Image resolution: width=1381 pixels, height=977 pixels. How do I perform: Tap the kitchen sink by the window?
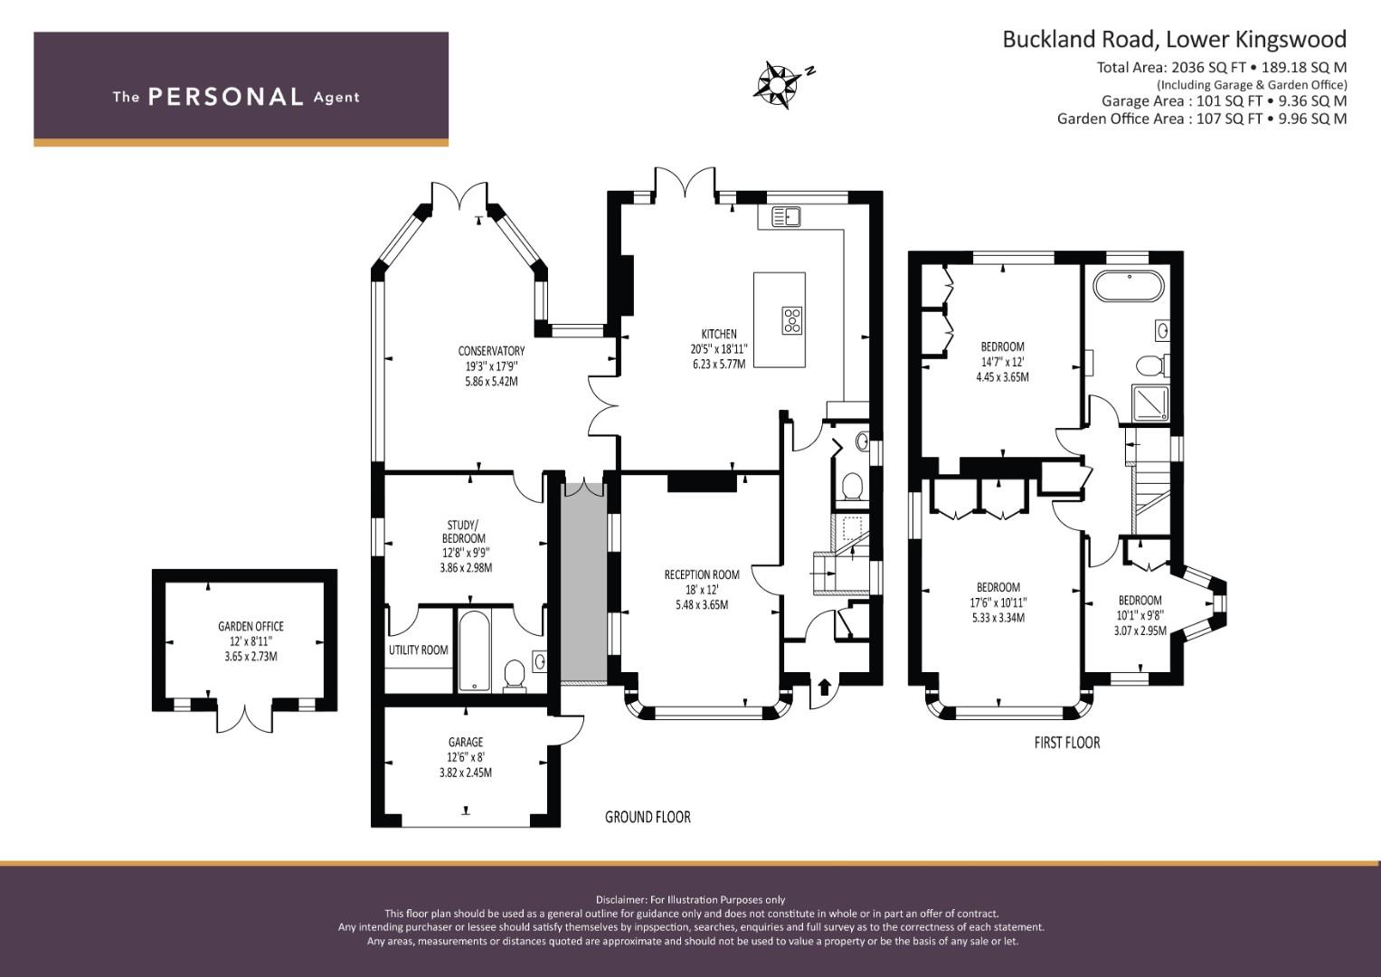[786, 216]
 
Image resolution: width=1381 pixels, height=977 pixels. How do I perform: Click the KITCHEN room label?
[719, 334]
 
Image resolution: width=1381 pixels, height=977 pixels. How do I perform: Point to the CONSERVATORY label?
[491, 351]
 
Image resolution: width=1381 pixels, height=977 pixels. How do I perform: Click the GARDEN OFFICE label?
[251, 626]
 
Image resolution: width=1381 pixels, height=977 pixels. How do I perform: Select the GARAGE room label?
[466, 742]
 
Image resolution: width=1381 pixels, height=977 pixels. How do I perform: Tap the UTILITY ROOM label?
[418, 650]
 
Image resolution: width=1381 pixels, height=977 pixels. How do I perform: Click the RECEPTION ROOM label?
[702, 574]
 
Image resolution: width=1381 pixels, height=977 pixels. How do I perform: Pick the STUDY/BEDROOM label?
[462, 532]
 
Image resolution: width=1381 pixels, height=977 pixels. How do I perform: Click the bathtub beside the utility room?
[474, 651]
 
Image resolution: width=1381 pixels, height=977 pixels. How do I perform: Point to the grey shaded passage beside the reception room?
[584, 583]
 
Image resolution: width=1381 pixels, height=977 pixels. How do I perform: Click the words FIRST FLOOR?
[1066, 743]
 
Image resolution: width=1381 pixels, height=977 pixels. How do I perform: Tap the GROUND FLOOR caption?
[648, 817]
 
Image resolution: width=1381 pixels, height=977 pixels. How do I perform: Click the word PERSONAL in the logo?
[226, 97]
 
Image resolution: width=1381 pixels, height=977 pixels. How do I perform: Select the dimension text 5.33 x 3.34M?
[998, 617]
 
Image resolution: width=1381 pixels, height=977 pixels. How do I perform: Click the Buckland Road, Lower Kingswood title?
[1175, 40]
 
